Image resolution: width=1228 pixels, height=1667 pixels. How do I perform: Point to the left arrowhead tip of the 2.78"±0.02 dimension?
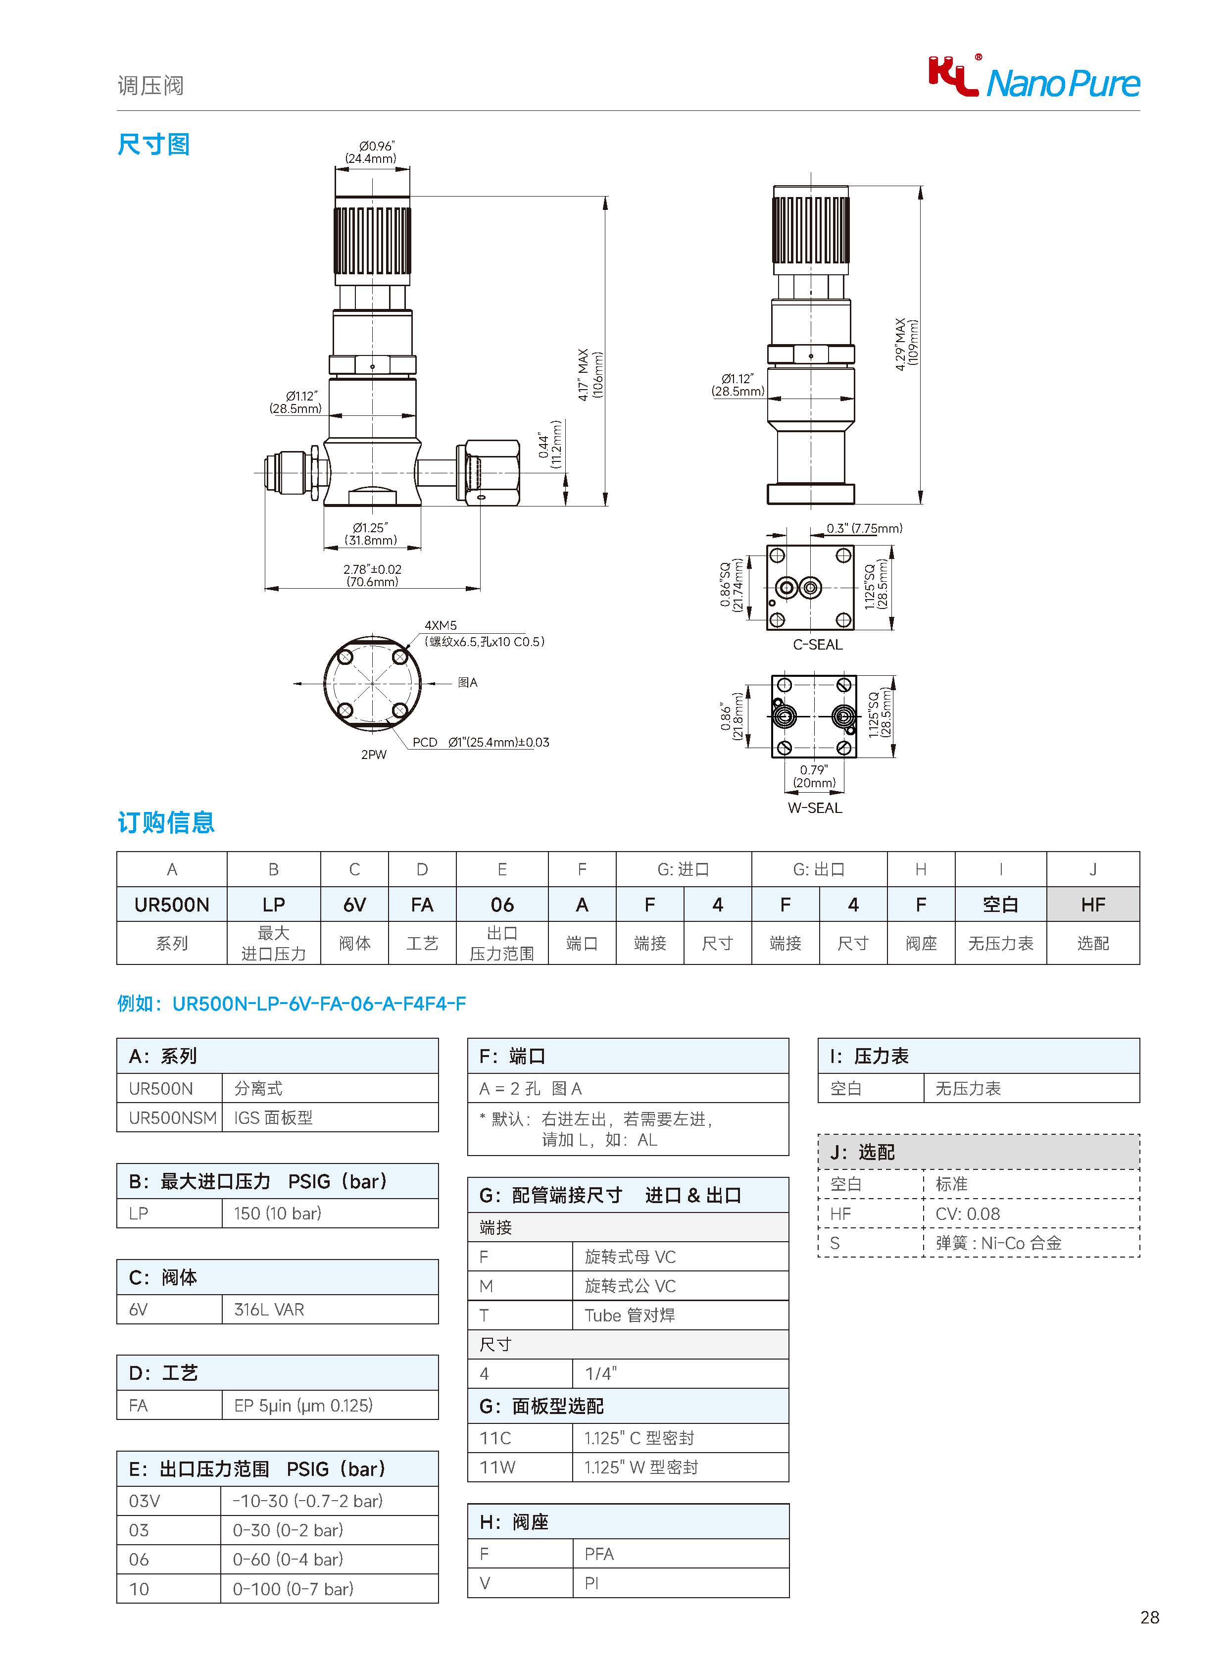click(x=265, y=589)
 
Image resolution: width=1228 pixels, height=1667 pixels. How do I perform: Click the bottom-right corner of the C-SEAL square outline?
click(x=853, y=629)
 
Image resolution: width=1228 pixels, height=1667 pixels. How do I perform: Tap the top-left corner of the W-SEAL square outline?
click(x=772, y=676)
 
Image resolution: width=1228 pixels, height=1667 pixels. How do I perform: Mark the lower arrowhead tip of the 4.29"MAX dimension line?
click(x=920, y=504)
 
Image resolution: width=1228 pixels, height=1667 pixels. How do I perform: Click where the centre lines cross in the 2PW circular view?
click(x=372, y=683)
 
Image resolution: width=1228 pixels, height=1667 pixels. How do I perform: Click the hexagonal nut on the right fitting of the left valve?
click(x=492, y=473)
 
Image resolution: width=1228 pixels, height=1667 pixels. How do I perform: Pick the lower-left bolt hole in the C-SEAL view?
click(x=777, y=620)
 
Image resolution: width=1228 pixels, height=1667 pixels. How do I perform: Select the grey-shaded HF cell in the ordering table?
click(x=1093, y=904)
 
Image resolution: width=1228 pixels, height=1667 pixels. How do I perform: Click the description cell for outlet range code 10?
click(x=329, y=1588)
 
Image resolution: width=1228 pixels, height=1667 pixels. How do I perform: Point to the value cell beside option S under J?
click(x=1031, y=1242)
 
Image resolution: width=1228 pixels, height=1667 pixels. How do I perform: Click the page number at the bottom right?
click(x=1149, y=1617)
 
